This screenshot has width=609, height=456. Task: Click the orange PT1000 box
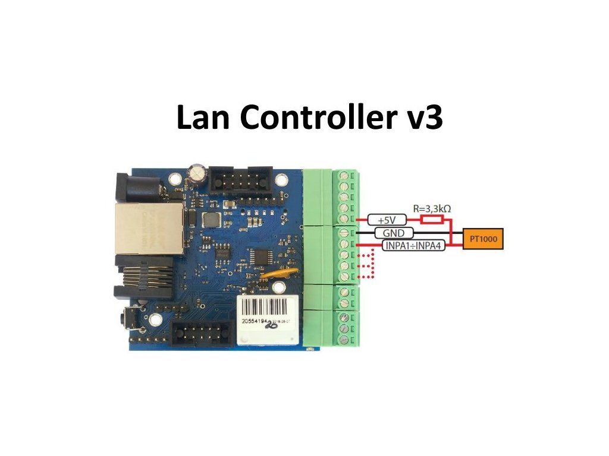pyautogui.click(x=484, y=239)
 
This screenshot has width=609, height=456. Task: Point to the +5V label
pyautogui.click(x=383, y=220)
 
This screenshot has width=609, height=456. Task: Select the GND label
pyautogui.click(x=390, y=233)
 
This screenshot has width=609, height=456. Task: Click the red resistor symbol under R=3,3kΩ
pyautogui.click(x=432, y=219)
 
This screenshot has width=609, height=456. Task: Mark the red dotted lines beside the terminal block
pyautogui.click(x=366, y=266)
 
